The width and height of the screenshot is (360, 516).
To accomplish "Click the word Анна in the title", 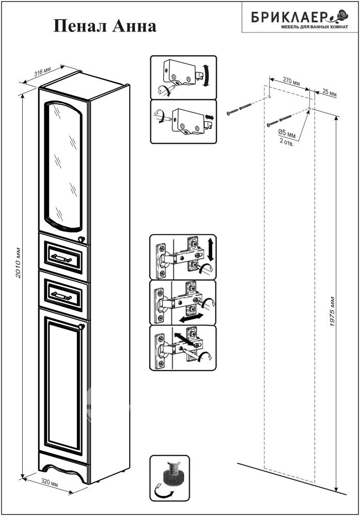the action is (x=134, y=26).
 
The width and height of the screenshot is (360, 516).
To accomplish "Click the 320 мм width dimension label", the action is (x=50, y=482).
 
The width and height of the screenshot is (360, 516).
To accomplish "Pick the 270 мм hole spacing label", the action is (x=292, y=81).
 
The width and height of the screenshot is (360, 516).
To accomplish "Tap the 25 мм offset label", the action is (x=330, y=93).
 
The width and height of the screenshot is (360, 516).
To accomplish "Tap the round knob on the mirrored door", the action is (x=81, y=239).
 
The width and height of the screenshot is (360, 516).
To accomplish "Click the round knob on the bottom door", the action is (x=81, y=326).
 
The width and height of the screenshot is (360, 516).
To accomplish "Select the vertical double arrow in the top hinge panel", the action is (x=211, y=250).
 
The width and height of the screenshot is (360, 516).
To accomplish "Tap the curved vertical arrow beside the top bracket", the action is (x=206, y=76).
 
